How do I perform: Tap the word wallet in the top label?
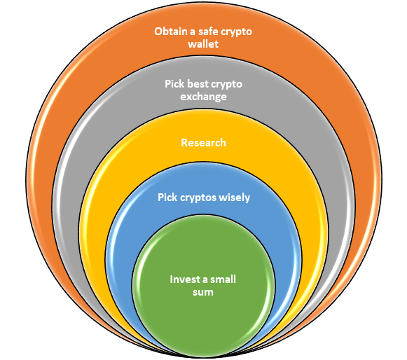tap(203, 43)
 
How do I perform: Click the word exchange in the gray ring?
tap(203, 97)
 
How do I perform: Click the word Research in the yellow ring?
tap(203, 143)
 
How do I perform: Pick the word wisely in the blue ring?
tap(235, 198)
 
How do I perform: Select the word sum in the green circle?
tap(203, 292)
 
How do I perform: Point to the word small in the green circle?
tap(223, 279)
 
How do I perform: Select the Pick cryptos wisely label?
tap(204, 198)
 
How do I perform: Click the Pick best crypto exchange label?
tap(203, 90)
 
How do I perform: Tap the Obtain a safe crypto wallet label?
tap(203, 38)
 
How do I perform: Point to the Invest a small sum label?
tap(203, 286)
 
